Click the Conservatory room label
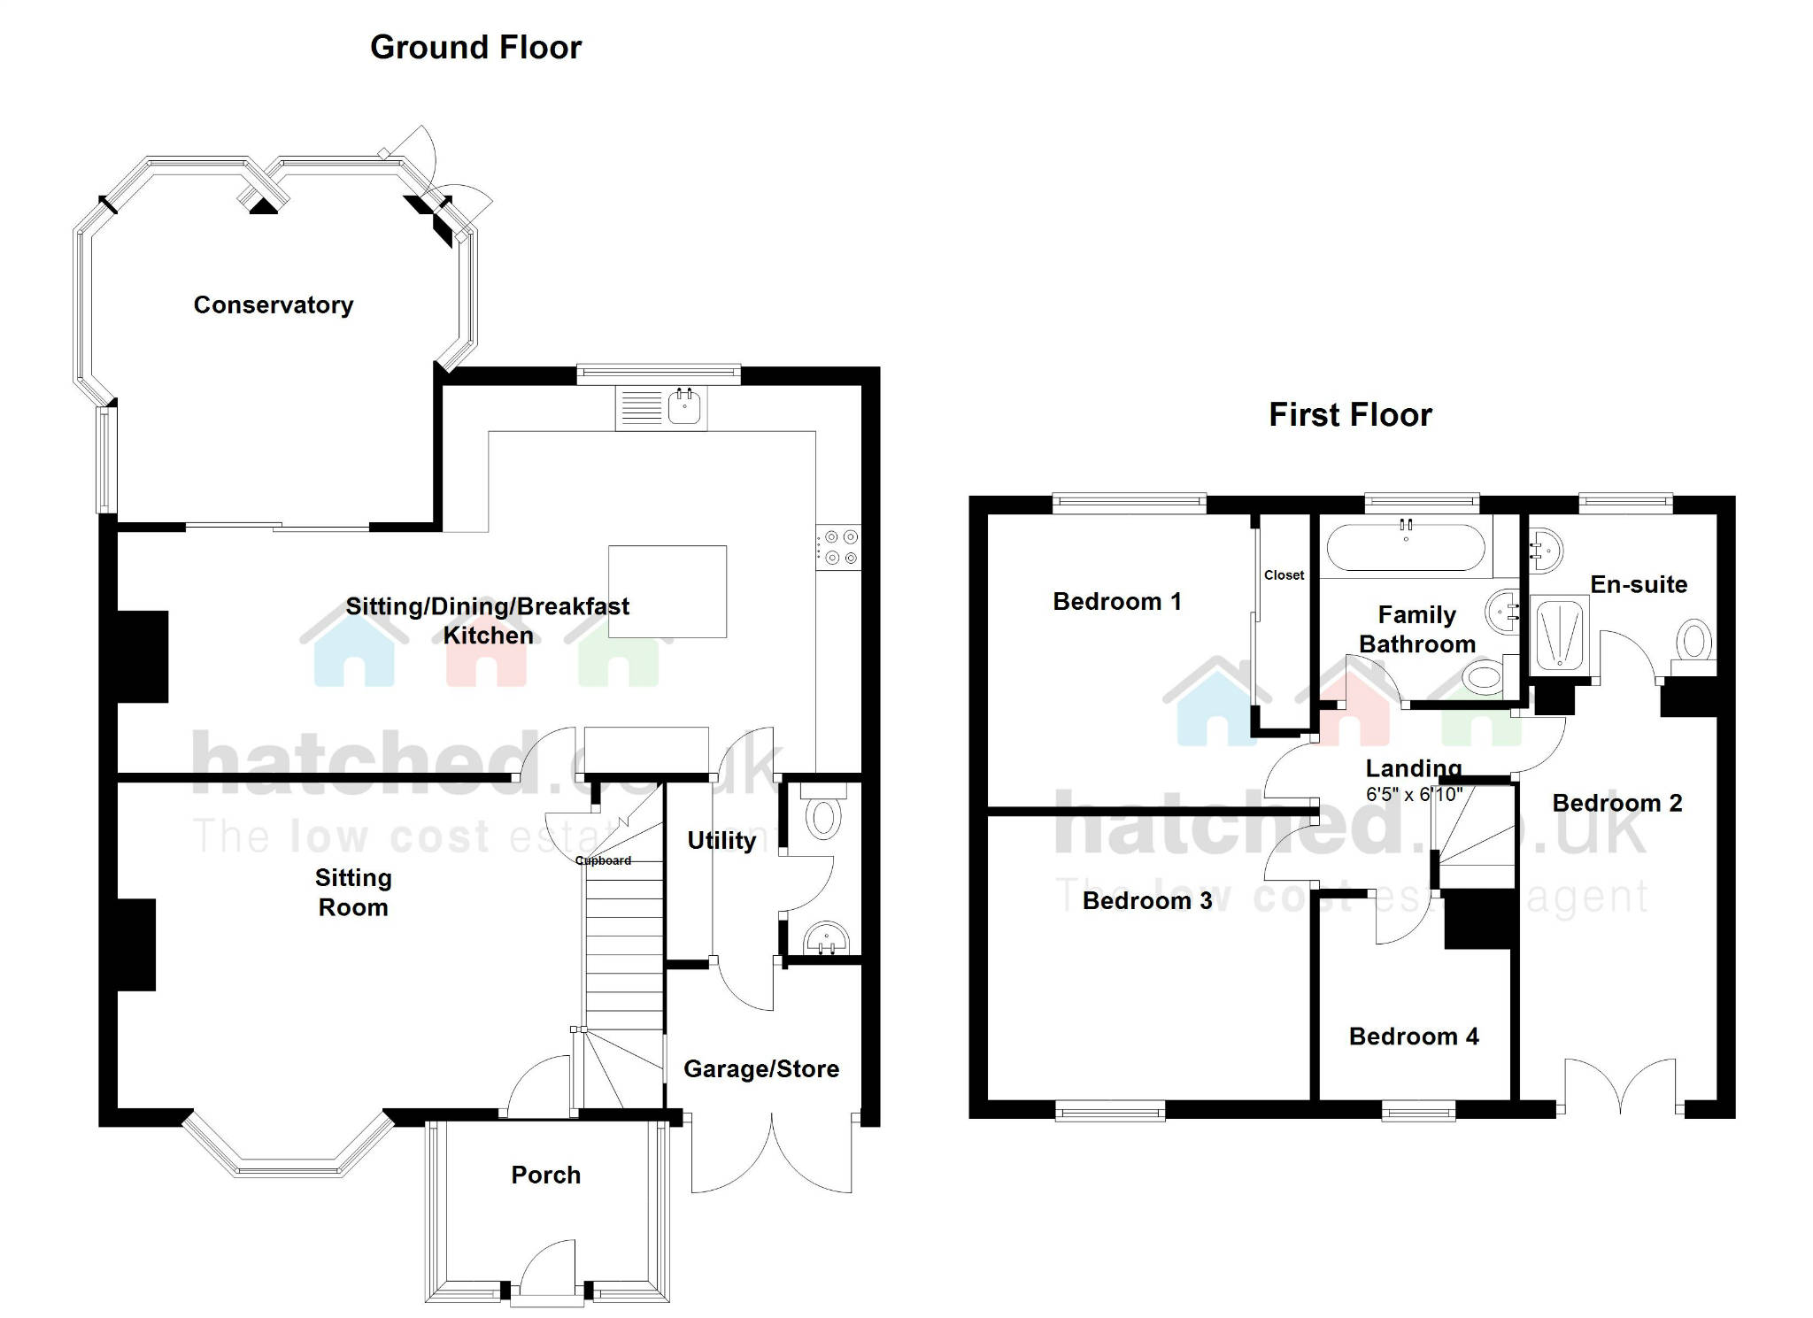tap(273, 305)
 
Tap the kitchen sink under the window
tap(684, 408)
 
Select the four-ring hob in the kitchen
tap(837, 547)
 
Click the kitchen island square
tap(667, 591)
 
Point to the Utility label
tap(721, 840)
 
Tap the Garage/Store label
tap(760, 1069)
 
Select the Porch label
tap(545, 1175)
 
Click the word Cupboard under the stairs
tap(603, 860)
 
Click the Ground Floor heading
tap(475, 47)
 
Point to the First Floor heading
tap(1350, 415)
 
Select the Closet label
tap(1284, 575)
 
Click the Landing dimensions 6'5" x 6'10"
tap(1414, 795)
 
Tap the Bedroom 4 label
tap(1414, 1037)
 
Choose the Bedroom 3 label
tap(1146, 901)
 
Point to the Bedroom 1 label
tap(1116, 602)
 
